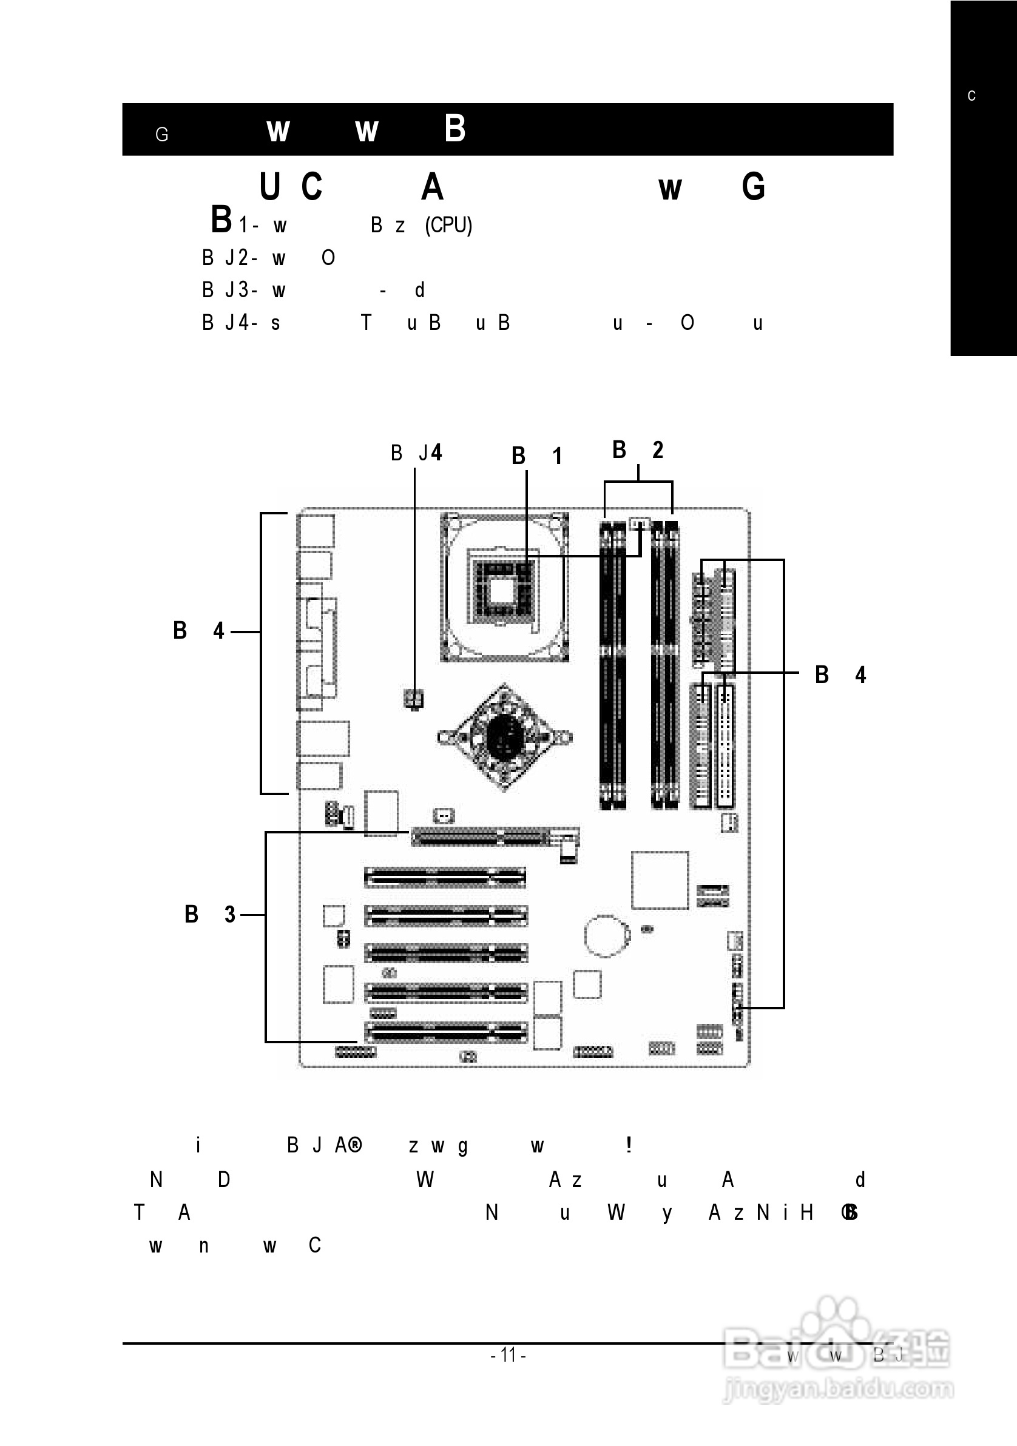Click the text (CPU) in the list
pos(448,225)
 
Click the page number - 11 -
pos(508,1354)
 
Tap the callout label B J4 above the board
pos(416,453)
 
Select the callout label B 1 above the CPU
pos(536,456)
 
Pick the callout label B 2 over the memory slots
pos(638,449)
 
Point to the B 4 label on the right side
pos(840,674)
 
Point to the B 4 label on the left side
pos(198,630)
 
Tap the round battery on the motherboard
pos(606,936)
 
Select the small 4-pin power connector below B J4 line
pos(414,698)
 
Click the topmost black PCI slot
pos(444,876)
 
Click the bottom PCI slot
pos(445,1033)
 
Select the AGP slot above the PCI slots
pos(479,838)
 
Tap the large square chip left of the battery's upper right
pos(660,880)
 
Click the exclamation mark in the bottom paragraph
pos(628,1145)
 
